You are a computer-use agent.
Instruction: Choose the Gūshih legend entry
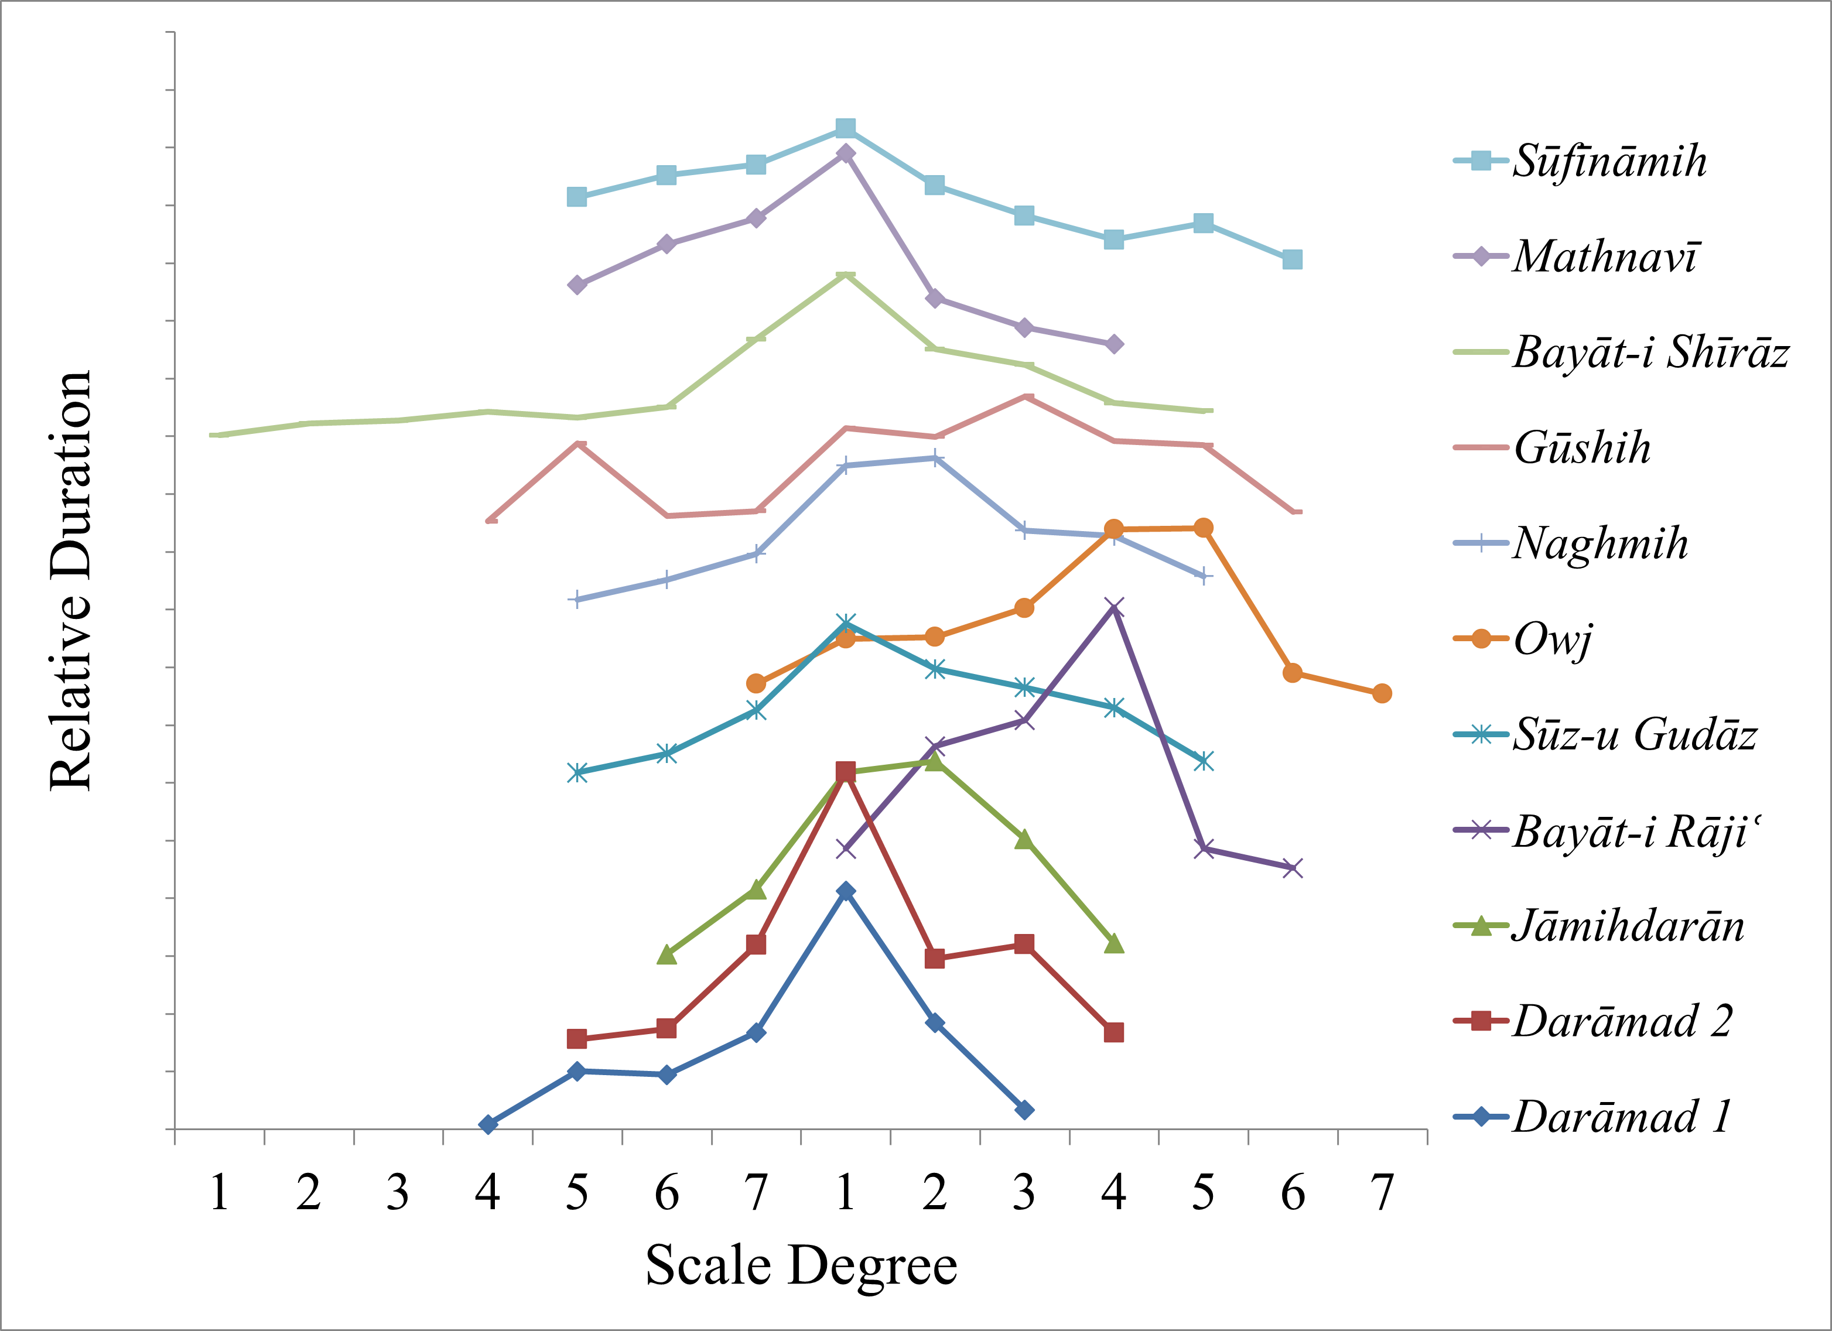(1581, 447)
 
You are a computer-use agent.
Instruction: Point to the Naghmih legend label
(1599, 543)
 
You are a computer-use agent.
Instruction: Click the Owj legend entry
(1551, 639)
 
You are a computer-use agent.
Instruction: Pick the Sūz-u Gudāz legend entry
(1633, 735)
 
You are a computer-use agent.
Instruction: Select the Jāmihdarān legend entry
(1628, 926)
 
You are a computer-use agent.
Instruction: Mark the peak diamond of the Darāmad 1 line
(846, 891)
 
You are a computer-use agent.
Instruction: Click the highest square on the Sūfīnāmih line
(846, 128)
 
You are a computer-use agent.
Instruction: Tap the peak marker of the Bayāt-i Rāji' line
(1114, 607)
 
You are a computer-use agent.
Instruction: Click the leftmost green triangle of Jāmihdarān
(667, 954)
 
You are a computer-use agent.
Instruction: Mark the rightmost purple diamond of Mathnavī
(1114, 344)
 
